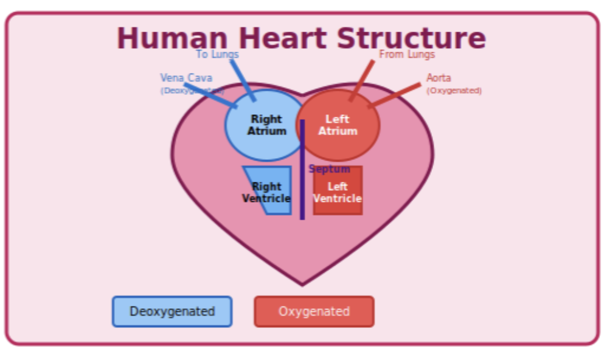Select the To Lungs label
click(217, 54)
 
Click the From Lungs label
click(407, 54)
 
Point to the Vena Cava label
click(186, 78)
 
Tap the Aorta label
click(439, 78)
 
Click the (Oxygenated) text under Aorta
click(454, 91)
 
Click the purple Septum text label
click(329, 169)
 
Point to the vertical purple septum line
click(302, 195)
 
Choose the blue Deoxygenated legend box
click(172, 311)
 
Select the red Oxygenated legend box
click(314, 311)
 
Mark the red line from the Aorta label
click(395, 95)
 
